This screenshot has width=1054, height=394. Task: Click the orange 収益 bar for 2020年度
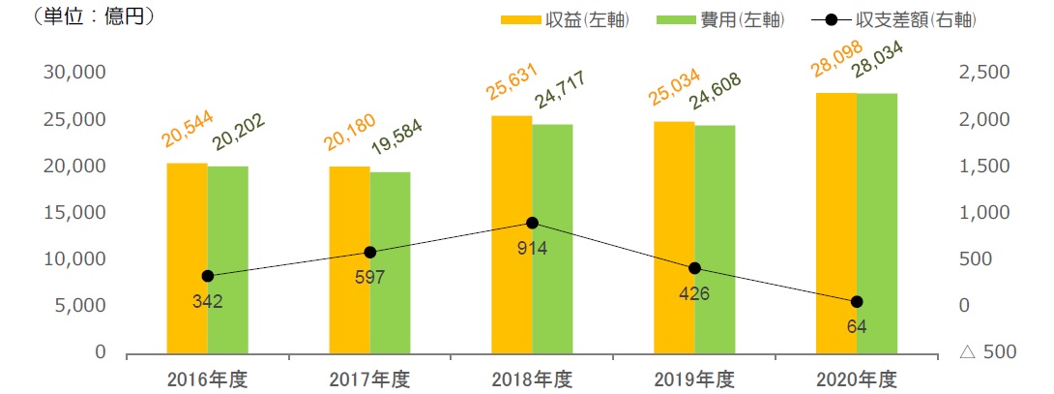tap(836, 224)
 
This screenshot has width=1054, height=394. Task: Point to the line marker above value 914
tap(532, 223)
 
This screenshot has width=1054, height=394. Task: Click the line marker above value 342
tap(208, 276)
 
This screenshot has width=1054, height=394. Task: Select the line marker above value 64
tap(857, 302)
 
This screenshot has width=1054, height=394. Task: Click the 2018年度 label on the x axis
tap(532, 378)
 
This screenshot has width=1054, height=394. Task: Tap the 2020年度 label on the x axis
tap(857, 378)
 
